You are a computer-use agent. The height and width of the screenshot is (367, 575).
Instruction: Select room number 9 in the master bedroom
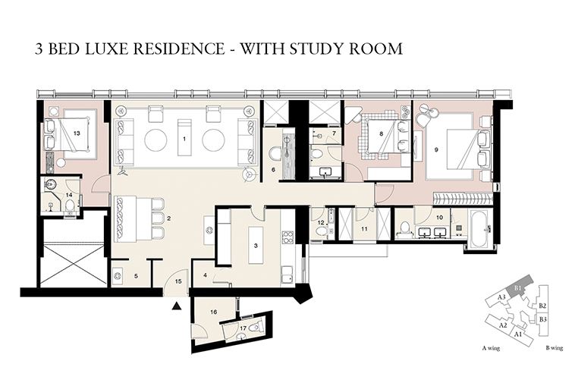point(436,150)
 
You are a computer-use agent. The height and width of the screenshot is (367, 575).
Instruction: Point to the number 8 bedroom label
point(381,134)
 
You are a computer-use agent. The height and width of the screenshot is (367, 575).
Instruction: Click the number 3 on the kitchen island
point(256,246)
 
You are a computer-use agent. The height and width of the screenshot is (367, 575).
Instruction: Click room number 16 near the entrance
point(215,312)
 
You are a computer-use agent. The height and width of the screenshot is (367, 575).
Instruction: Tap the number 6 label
point(272,170)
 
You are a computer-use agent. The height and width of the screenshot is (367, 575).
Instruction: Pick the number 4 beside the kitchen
point(206,274)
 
